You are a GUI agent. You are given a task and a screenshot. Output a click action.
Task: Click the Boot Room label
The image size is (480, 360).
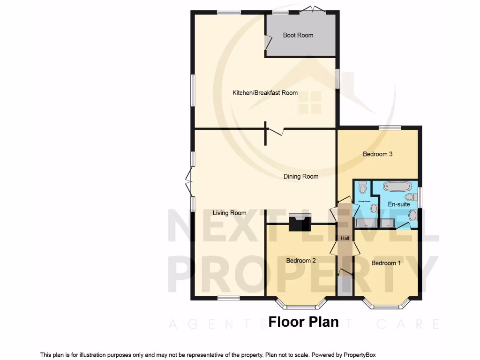click(x=298, y=35)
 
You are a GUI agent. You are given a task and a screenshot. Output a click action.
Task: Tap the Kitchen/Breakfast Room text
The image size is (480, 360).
click(x=265, y=93)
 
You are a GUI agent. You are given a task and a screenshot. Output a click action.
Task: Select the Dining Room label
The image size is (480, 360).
click(x=300, y=177)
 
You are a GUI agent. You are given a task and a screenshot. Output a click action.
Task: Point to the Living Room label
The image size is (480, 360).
click(x=229, y=213)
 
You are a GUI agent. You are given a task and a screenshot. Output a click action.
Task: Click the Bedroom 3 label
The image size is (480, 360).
click(x=377, y=154)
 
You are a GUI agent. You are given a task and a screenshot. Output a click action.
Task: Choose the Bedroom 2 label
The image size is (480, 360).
click(x=300, y=261)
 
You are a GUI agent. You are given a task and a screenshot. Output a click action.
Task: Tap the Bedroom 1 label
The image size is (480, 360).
click(x=386, y=263)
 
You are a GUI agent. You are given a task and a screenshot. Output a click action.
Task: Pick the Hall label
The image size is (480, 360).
click(x=345, y=239)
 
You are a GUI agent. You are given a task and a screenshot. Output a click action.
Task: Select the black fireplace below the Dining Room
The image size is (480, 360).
click(x=300, y=222)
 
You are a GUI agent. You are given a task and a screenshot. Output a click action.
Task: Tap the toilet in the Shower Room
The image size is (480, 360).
click(x=362, y=187)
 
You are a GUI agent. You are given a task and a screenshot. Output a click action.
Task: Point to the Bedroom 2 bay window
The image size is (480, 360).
click(x=301, y=305)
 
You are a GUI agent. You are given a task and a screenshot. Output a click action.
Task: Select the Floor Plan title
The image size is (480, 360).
click(x=303, y=322)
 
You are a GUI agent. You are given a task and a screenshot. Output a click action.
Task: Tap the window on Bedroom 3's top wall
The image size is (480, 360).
click(x=390, y=127)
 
